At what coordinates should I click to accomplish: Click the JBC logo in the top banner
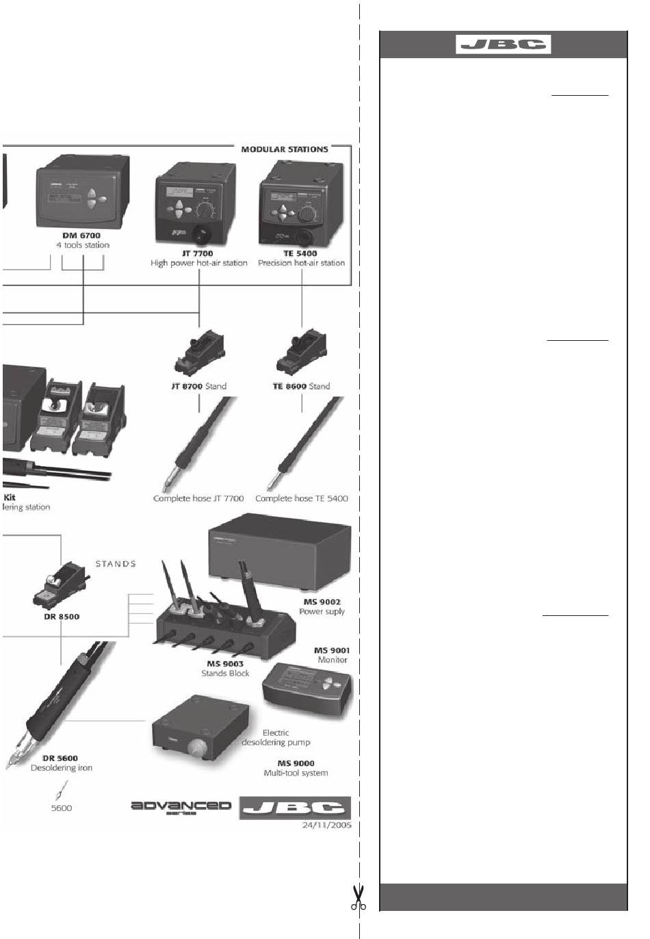pyautogui.click(x=504, y=44)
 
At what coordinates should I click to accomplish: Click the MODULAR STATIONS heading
pyautogui.click(x=284, y=149)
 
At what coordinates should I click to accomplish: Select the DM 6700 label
pyautogui.click(x=81, y=235)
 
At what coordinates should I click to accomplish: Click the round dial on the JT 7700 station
pyautogui.click(x=205, y=209)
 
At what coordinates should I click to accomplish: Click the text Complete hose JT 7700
pyautogui.click(x=198, y=498)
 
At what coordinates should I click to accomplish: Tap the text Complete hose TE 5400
pyautogui.click(x=301, y=498)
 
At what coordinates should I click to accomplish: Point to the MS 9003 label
pyautogui.click(x=225, y=663)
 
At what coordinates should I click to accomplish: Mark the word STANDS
pyautogui.click(x=116, y=564)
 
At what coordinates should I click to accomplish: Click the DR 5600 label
pyautogui.click(x=60, y=758)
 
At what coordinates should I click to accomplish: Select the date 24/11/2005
pyautogui.click(x=326, y=825)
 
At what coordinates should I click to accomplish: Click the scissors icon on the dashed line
pyautogui.click(x=358, y=898)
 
